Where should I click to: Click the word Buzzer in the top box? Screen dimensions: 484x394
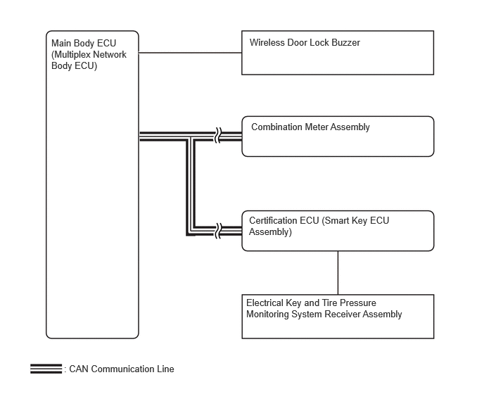coord(345,42)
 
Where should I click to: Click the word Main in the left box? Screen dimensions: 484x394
coord(61,43)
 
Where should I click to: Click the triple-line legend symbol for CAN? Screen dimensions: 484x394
coord(46,369)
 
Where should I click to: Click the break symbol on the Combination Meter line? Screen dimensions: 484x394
coord(218,135)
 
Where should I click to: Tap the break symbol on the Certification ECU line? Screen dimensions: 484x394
coord(218,231)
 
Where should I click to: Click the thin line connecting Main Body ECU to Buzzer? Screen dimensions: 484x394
coord(190,53)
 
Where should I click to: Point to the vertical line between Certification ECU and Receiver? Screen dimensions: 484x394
coord(338,273)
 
